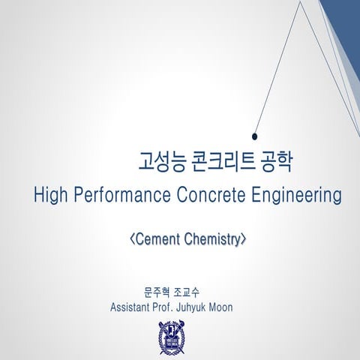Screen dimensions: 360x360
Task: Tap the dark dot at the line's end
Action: [255, 136]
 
